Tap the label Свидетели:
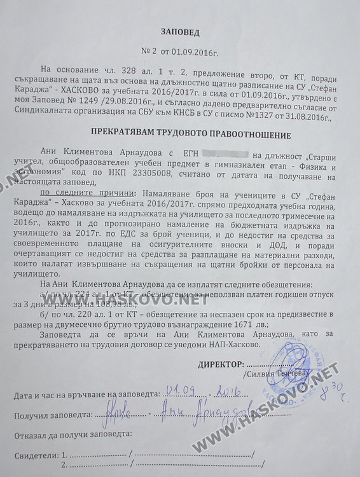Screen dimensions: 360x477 (x=32, y=456)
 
